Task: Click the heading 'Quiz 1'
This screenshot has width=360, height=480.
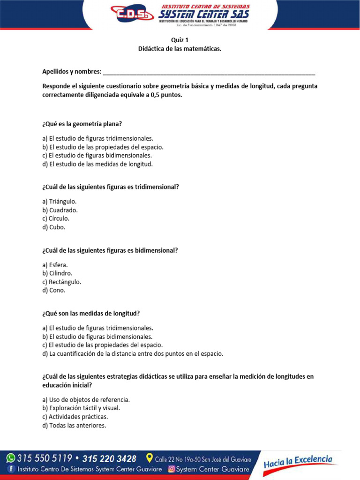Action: [180, 40]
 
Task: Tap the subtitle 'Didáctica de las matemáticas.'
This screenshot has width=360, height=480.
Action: [180, 49]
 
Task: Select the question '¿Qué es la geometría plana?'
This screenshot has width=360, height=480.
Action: [82, 124]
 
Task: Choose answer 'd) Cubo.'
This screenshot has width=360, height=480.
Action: [54, 227]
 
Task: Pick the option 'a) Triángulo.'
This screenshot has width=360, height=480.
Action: [60, 202]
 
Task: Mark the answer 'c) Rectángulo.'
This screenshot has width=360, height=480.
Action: [61, 282]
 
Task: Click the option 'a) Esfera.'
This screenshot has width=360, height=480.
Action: [55, 265]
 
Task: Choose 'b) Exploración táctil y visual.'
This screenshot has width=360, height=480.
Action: [81, 408]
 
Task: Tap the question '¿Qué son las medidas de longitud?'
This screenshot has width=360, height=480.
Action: [91, 313]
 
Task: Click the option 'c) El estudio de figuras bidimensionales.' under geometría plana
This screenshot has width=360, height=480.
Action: [97, 155]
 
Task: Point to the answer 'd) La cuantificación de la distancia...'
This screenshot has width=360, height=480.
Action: [133, 354]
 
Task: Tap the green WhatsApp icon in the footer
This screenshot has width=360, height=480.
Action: [10, 457]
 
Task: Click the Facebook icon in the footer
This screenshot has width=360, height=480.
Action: [11, 469]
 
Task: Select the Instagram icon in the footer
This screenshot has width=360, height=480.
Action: [172, 469]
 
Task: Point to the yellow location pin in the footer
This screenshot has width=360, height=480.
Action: [150, 457]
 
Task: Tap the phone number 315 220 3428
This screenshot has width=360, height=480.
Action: [109, 458]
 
